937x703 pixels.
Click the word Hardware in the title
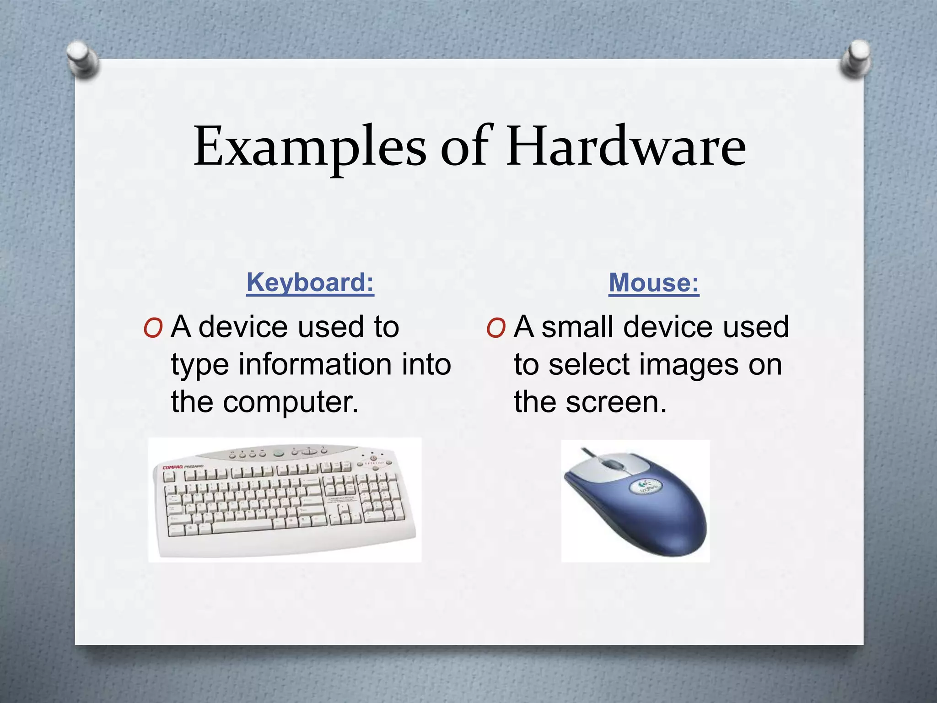[625, 146]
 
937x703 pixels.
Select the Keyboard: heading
[310, 282]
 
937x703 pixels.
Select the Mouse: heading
[654, 282]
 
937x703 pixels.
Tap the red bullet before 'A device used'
[153, 328]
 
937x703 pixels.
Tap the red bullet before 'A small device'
[496, 328]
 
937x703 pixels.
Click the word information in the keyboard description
[315, 365]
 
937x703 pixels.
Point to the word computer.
[291, 402]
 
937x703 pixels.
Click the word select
[589, 365]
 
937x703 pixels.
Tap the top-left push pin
[83, 60]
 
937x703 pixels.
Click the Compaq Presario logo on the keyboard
[183, 467]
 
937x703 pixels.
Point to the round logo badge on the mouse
[644, 486]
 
